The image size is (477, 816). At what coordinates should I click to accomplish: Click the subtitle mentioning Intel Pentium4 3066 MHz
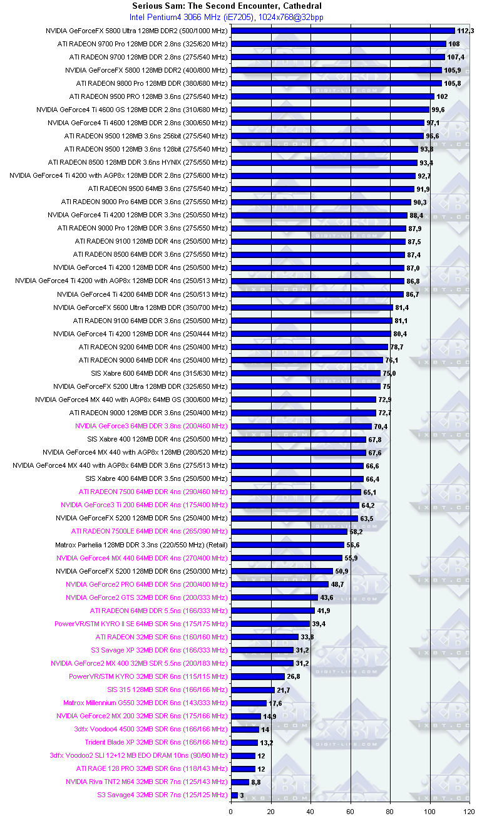pos(227,17)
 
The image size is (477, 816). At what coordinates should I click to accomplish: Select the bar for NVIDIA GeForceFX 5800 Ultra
pos(342,31)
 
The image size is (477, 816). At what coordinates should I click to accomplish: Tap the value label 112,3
pos(465,31)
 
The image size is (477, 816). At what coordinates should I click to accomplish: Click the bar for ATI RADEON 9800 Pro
pos(336,83)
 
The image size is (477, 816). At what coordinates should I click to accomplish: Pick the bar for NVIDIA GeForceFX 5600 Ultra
pos(312,307)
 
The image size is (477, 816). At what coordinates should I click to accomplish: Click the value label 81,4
pos(403,307)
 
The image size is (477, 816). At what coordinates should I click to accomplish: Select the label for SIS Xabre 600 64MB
pos(159,373)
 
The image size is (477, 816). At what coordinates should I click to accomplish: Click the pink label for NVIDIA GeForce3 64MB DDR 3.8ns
pos(151,426)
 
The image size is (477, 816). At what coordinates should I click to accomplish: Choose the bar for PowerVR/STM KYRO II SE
pos(270,623)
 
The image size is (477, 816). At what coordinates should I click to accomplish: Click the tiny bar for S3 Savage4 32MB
pos(234,795)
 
